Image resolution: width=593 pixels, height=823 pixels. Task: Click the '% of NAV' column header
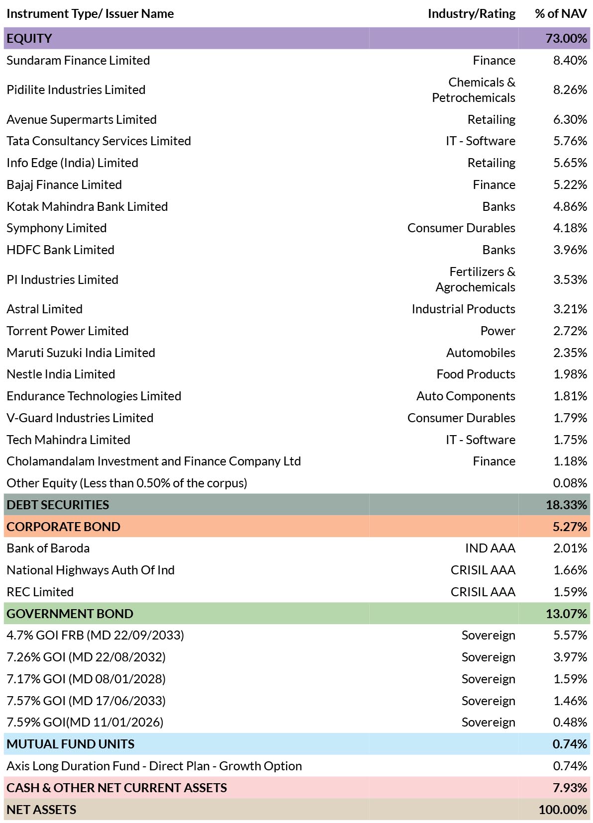click(x=560, y=13)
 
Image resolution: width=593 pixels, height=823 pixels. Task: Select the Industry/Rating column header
click(x=471, y=13)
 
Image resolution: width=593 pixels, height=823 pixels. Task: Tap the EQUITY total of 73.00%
click(x=566, y=38)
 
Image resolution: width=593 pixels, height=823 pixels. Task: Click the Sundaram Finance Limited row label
click(x=78, y=60)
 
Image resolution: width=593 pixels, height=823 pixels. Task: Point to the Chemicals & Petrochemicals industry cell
click(x=474, y=90)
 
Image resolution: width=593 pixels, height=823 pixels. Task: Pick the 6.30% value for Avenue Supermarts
click(x=570, y=119)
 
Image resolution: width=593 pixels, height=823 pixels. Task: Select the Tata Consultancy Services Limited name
click(x=99, y=141)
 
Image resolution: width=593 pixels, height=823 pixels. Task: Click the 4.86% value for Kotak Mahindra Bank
click(x=570, y=206)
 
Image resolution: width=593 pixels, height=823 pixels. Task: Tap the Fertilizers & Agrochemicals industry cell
click(x=476, y=279)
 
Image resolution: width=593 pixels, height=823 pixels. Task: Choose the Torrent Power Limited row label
click(x=68, y=331)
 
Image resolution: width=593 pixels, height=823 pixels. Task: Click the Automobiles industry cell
click(x=481, y=353)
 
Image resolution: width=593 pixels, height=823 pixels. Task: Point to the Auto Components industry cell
click(x=466, y=396)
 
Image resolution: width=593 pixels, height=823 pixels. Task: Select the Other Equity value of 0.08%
click(x=570, y=483)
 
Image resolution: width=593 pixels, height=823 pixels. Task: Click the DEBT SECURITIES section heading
click(x=58, y=505)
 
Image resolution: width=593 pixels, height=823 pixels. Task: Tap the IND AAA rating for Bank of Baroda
click(x=490, y=548)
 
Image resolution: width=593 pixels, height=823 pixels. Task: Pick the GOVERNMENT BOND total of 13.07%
click(x=566, y=614)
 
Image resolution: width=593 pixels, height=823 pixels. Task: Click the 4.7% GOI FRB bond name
click(x=95, y=635)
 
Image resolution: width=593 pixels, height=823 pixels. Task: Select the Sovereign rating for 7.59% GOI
click(x=488, y=723)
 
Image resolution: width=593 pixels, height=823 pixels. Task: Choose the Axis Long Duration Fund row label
click(x=154, y=766)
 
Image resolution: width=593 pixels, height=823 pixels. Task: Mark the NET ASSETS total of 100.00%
click(x=563, y=810)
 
